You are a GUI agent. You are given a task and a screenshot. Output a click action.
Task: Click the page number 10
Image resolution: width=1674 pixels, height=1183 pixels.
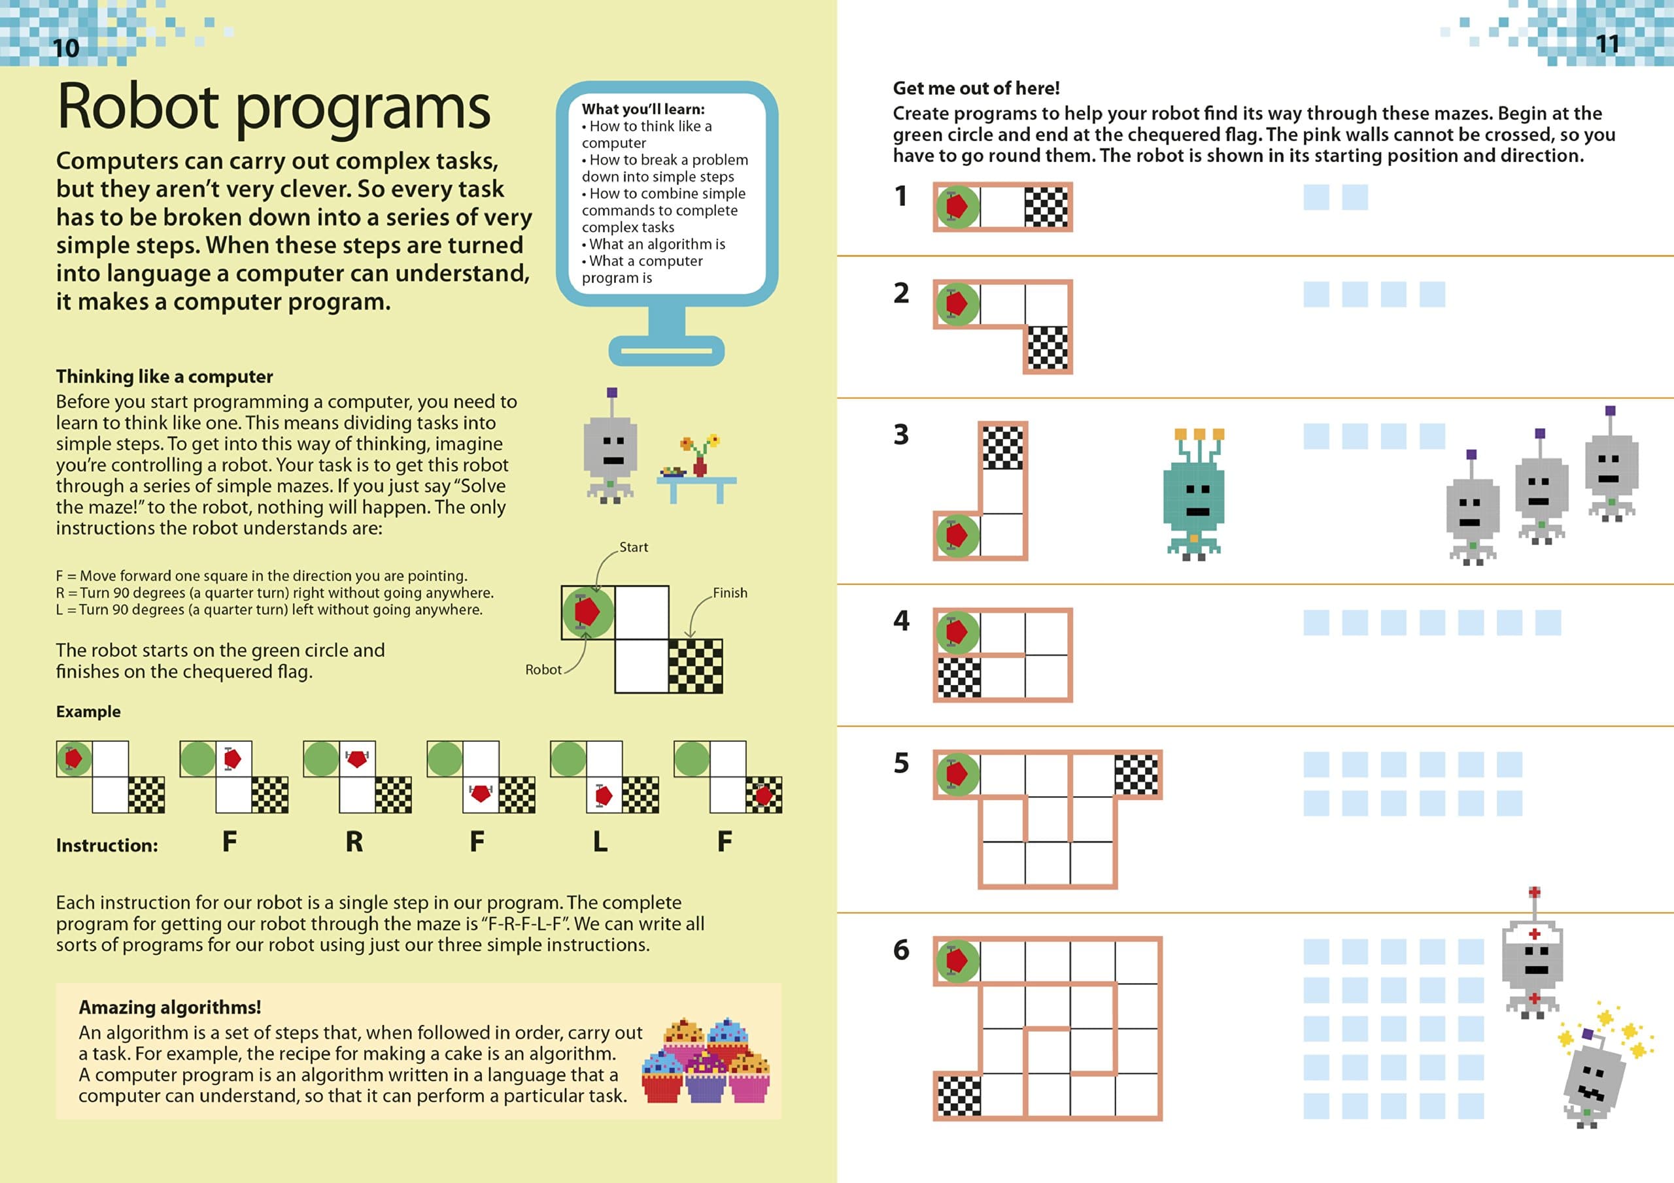pos(65,48)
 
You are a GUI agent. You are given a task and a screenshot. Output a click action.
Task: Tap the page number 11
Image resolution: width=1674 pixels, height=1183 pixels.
pos(1607,44)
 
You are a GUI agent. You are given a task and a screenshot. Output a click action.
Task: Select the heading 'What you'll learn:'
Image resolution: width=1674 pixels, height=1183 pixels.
pos(643,109)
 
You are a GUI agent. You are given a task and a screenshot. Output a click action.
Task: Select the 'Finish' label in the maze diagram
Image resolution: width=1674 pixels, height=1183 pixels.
pos(730,593)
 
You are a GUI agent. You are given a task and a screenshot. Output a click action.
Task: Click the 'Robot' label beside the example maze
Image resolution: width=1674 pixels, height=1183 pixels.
pos(543,669)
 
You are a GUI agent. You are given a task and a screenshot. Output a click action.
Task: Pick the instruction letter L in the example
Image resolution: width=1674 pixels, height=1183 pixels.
pos(600,842)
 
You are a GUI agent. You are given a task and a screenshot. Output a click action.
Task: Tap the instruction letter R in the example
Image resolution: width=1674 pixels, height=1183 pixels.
pos(354,842)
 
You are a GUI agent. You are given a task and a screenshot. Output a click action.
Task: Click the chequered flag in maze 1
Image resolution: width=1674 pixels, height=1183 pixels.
pos(1046,207)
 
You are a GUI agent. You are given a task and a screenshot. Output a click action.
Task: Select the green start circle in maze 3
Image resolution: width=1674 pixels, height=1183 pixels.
pos(957,536)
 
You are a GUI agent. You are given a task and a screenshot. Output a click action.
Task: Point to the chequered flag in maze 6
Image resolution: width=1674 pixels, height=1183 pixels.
pos(958,1095)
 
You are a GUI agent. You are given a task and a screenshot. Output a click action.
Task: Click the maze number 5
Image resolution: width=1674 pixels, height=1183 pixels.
pos(901,763)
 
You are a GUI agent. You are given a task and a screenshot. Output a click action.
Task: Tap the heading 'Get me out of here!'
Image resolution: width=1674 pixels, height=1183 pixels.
pos(976,88)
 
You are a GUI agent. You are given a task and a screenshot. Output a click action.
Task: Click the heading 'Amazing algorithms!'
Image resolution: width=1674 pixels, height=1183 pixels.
pos(169,1007)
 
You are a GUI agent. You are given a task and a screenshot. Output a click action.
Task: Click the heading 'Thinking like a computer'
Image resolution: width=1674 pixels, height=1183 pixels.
pos(164,376)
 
